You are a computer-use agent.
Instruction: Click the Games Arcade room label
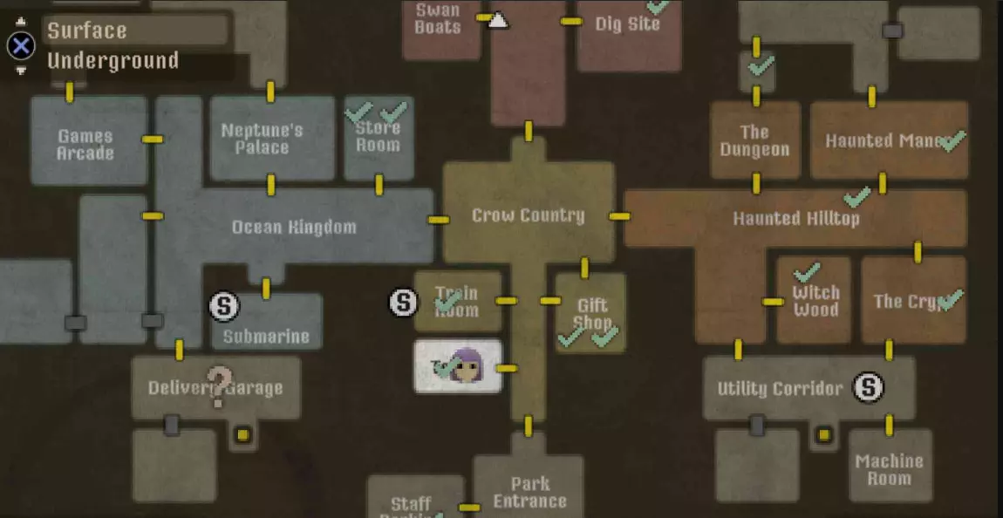point(85,145)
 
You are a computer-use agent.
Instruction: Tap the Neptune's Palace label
point(262,139)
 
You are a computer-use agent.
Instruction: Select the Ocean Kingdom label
point(294,228)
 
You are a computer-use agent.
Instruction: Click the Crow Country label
point(528,215)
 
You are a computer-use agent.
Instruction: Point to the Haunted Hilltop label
point(795,218)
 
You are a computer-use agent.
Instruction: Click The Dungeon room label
point(754,140)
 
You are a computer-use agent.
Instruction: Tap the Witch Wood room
point(815,300)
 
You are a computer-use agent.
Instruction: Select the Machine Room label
point(889,469)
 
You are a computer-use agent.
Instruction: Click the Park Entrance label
point(529,492)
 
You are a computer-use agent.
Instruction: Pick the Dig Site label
point(627,24)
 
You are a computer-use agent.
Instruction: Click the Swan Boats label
point(438,18)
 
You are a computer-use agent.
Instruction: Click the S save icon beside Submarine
point(224,305)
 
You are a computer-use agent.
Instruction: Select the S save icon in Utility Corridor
point(868,387)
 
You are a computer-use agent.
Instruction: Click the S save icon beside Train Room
point(403,302)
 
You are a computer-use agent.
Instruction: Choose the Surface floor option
point(87,31)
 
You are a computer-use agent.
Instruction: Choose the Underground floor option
point(113,61)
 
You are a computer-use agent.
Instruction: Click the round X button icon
point(21,45)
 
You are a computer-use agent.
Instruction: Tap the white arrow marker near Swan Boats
point(498,20)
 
